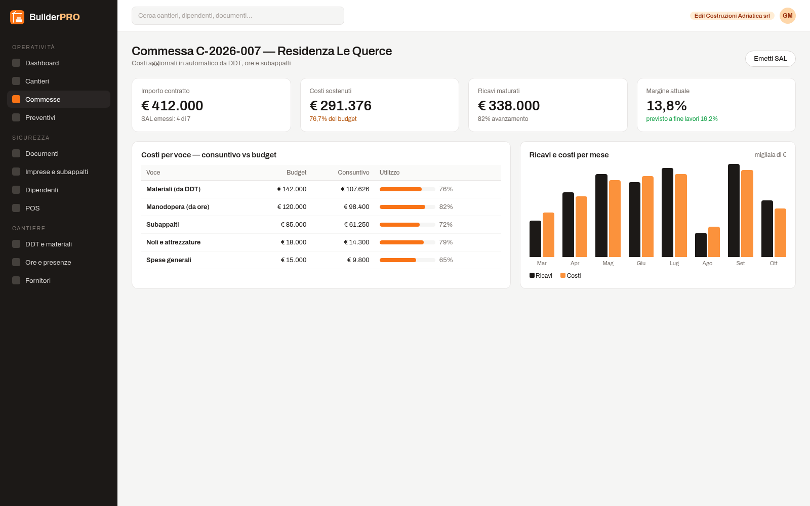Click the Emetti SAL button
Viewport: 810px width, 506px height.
click(x=770, y=59)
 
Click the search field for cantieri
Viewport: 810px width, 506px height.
click(x=237, y=16)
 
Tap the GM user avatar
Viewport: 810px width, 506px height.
click(x=788, y=16)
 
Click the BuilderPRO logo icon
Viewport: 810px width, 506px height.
click(x=17, y=17)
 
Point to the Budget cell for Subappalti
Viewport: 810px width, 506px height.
click(x=293, y=225)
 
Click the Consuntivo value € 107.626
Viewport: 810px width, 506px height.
click(x=355, y=189)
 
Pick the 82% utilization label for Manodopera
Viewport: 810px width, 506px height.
click(x=446, y=207)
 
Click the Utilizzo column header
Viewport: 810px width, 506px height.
click(x=389, y=173)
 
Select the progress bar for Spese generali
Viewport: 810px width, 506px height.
click(x=407, y=260)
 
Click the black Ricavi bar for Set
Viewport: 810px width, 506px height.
click(x=734, y=210)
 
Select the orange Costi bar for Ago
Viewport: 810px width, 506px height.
click(x=714, y=242)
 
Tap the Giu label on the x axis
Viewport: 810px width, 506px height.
click(x=641, y=263)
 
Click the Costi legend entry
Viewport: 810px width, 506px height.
click(x=571, y=275)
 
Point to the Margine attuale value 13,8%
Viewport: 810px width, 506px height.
click(x=666, y=106)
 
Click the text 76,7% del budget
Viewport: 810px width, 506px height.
click(x=333, y=119)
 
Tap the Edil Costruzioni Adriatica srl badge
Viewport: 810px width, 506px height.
click(x=732, y=16)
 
